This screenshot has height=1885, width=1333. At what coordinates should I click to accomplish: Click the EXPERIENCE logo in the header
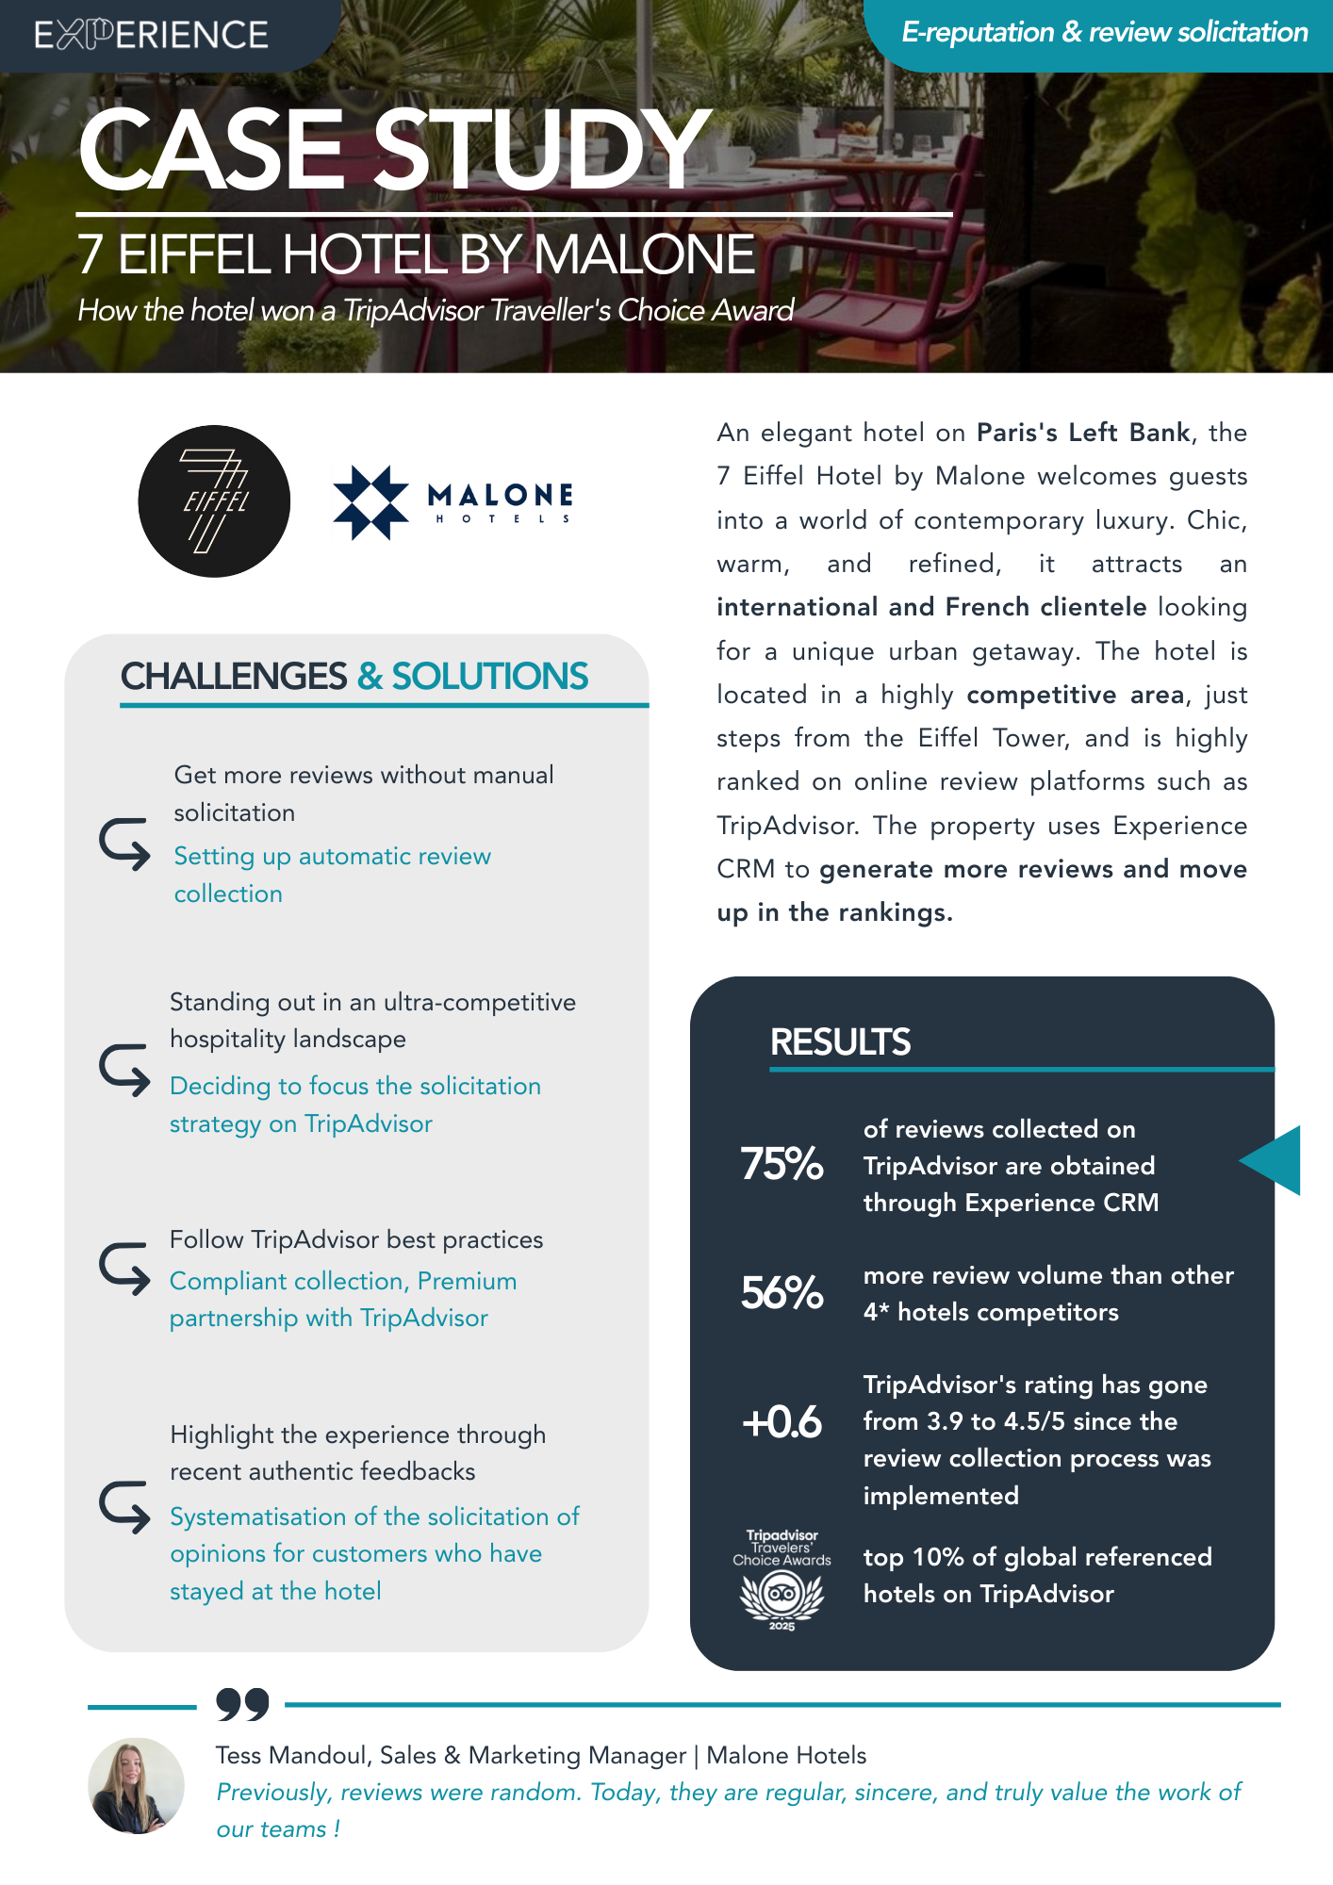click(x=151, y=35)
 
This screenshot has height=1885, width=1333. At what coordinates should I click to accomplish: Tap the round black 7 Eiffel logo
click(x=214, y=500)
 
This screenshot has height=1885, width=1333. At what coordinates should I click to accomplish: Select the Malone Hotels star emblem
click(x=370, y=502)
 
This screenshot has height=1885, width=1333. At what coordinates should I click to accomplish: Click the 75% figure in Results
click(x=782, y=1164)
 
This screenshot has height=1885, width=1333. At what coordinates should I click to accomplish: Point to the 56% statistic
click(x=782, y=1292)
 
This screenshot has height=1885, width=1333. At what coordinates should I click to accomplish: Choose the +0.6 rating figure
click(x=782, y=1421)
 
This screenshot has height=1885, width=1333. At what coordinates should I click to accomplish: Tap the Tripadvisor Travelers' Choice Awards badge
click(x=782, y=1580)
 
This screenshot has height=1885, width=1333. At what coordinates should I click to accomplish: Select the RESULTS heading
click(x=840, y=1042)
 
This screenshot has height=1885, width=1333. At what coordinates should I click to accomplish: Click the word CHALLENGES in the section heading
click(x=234, y=677)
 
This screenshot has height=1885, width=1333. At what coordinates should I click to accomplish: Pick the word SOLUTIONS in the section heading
click(x=489, y=677)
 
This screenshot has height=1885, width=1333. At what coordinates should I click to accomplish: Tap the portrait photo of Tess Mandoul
click(x=136, y=1786)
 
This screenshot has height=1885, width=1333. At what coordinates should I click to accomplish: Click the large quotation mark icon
click(x=242, y=1704)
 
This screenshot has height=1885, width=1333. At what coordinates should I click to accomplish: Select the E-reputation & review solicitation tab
click(x=1104, y=33)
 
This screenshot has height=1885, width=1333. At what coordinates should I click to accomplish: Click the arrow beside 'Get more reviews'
click(x=124, y=843)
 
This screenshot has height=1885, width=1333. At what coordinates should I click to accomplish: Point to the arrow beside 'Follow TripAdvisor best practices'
click(x=124, y=1269)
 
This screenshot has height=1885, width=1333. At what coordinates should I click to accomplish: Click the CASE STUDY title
click(x=394, y=149)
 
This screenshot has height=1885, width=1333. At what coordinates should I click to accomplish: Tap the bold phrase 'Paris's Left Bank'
click(x=1083, y=433)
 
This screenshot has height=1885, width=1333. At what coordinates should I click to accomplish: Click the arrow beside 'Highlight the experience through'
click(x=124, y=1506)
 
